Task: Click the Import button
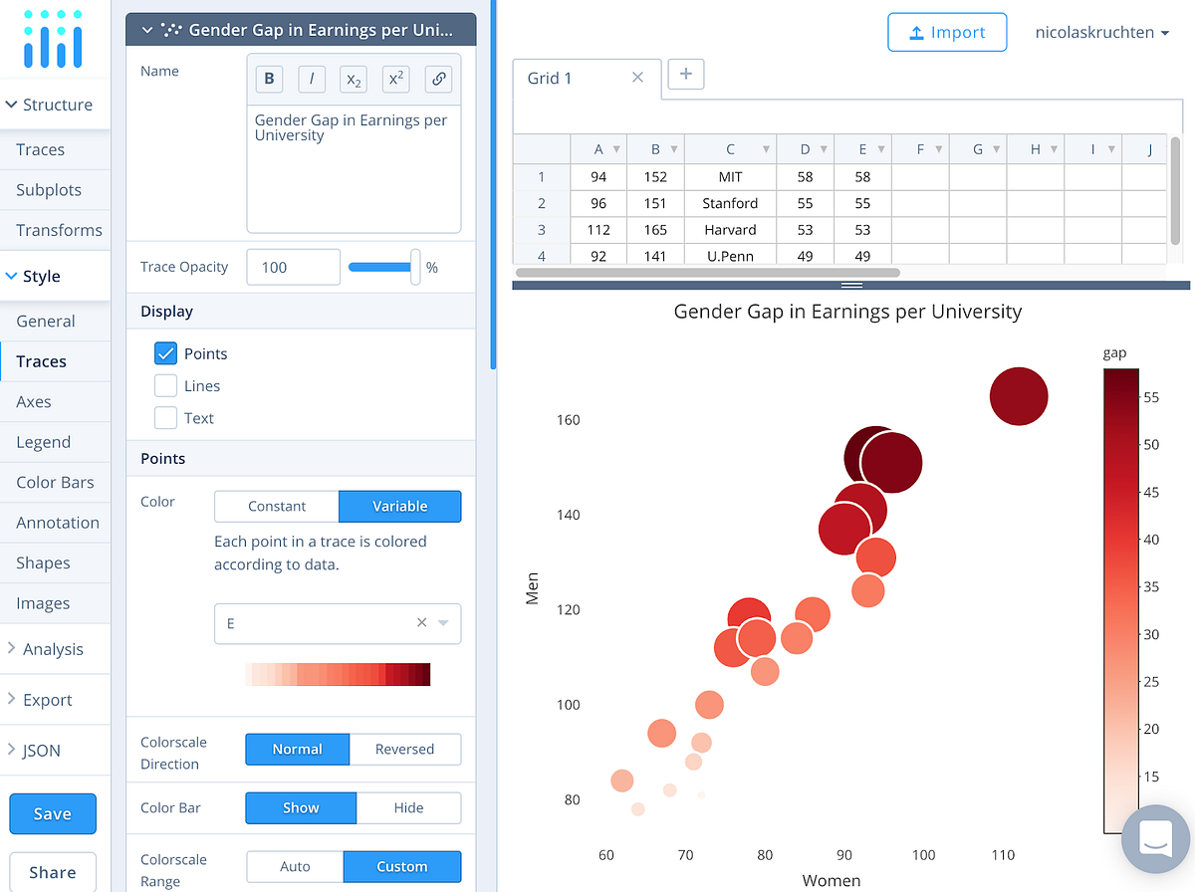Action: (x=947, y=33)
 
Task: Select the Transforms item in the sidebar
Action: (x=59, y=230)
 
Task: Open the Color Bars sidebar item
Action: (x=55, y=483)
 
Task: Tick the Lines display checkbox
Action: (x=166, y=386)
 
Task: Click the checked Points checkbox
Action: (x=166, y=353)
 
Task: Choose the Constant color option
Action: (x=277, y=506)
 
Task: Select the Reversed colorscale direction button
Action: (x=404, y=749)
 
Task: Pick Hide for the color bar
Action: (x=408, y=807)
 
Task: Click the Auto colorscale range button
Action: (x=295, y=866)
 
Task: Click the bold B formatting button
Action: (x=269, y=80)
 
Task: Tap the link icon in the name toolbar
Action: (x=438, y=80)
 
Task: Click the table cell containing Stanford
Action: (x=730, y=203)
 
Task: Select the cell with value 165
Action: (x=655, y=230)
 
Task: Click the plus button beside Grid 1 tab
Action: (x=686, y=75)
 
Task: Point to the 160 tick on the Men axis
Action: (x=568, y=420)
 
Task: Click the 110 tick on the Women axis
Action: (x=1003, y=855)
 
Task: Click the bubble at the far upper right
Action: (x=1019, y=396)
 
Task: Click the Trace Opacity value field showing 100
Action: (x=292, y=267)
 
